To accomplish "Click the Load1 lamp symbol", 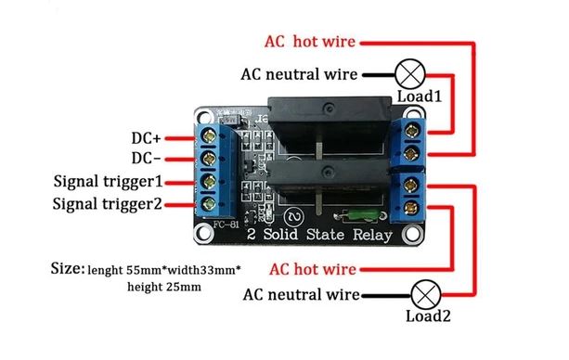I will [408, 72].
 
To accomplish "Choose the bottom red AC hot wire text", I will [312, 270].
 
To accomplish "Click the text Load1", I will [420, 96].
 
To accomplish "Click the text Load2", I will [428, 316].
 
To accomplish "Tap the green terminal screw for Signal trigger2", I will [211, 202].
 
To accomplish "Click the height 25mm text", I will [163, 289].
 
